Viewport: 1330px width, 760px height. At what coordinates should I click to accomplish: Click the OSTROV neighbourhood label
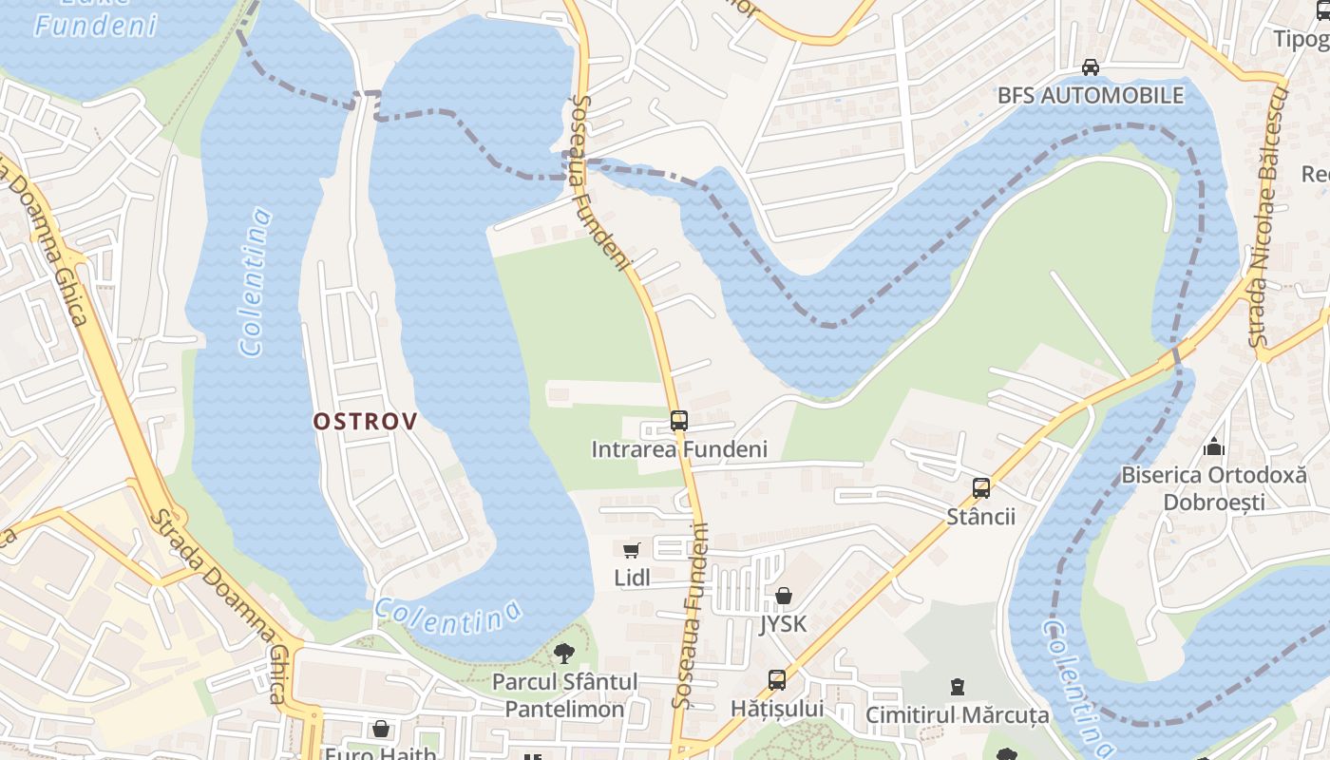(x=366, y=421)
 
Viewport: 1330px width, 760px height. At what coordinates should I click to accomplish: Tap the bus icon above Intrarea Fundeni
(x=678, y=420)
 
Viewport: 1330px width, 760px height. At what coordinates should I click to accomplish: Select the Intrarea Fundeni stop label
(x=679, y=448)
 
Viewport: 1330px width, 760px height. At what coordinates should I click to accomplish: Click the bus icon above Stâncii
(x=981, y=488)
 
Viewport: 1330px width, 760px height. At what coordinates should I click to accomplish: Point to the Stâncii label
(x=981, y=517)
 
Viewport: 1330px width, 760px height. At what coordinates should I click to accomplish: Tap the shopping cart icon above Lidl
(x=632, y=550)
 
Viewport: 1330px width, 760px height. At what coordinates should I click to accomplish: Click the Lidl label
(x=632, y=578)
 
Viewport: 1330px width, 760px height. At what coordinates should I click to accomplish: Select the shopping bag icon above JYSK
(x=784, y=596)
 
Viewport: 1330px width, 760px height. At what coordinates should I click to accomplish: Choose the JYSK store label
(x=784, y=624)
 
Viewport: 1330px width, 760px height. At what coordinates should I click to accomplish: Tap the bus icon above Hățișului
(x=777, y=680)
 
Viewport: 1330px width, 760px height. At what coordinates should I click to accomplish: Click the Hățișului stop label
(x=777, y=709)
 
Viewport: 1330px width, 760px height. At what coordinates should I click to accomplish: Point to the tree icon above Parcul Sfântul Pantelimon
(x=564, y=653)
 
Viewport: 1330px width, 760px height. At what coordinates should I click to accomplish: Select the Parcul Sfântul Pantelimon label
(x=564, y=695)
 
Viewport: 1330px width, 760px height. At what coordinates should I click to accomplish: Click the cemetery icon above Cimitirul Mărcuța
(x=958, y=686)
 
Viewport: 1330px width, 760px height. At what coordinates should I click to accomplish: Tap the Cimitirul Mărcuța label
(x=958, y=714)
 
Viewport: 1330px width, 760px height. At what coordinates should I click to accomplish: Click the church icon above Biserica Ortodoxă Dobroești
(x=1214, y=446)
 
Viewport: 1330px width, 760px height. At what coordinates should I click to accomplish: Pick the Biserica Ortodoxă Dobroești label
(x=1214, y=487)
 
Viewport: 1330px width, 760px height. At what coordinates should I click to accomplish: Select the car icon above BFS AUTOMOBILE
(x=1091, y=67)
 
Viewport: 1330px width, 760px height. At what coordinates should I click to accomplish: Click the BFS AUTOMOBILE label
(x=1091, y=95)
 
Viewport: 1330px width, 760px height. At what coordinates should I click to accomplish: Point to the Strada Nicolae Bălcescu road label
(x=1267, y=217)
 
